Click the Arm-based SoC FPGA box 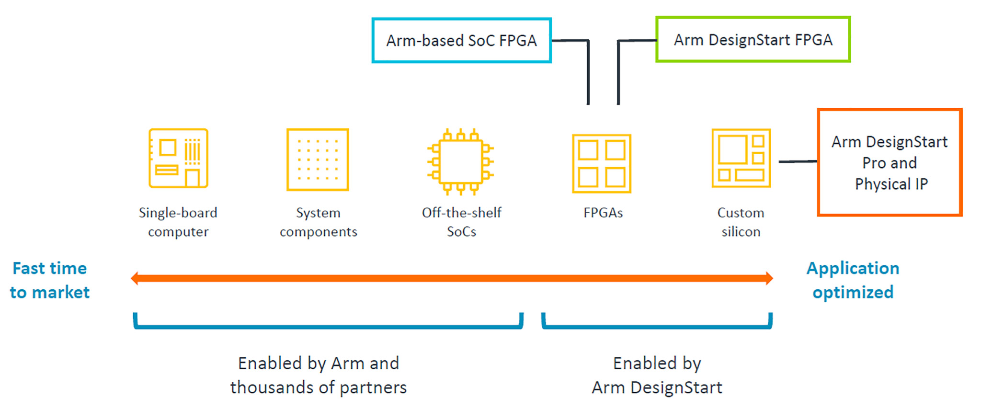point(461,41)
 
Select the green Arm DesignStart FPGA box point(753,40)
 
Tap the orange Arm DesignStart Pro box point(890,162)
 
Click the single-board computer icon point(178,158)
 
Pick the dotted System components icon point(318,159)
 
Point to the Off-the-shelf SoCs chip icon point(461,161)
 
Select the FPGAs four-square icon point(602,164)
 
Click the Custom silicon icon point(741,158)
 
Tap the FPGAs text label point(603,213)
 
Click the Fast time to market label point(49,280)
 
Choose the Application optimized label point(853,280)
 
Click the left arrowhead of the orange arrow point(135,278)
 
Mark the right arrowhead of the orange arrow point(769,278)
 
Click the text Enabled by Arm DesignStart point(657,376)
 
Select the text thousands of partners point(319,387)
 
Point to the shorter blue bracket point(657,326)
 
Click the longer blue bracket point(328,326)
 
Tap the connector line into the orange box point(798,162)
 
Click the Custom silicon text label point(741,222)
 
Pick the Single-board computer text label point(178,222)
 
